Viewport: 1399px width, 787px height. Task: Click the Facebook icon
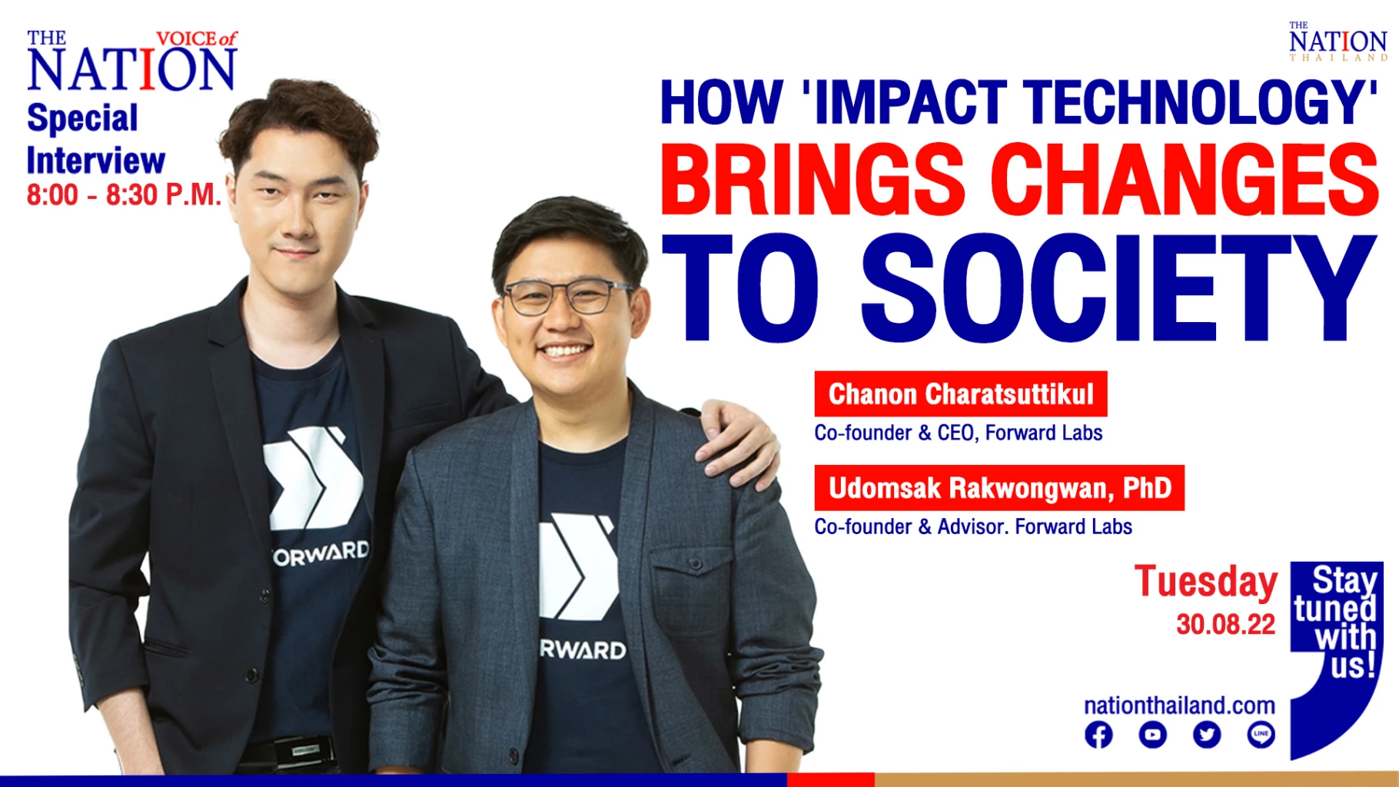tap(1098, 735)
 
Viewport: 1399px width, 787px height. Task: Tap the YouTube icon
tap(1152, 735)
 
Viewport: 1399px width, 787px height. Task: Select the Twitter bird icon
tap(1207, 735)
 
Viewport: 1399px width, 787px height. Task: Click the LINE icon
tap(1261, 735)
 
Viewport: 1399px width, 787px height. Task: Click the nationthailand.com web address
tap(1179, 705)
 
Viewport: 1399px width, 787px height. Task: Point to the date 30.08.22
tap(1225, 624)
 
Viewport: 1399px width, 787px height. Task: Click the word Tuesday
tap(1206, 582)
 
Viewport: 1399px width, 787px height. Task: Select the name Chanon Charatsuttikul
tap(961, 394)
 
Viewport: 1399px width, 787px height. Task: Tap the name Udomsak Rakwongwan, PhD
tap(1000, 488)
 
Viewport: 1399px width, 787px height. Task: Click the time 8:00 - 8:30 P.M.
tap(124, 195)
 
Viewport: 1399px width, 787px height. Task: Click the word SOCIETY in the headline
tap(1118, 287)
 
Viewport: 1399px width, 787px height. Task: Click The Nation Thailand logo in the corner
tap(1338, 42)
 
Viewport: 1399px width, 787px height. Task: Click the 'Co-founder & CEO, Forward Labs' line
tap(959, 433)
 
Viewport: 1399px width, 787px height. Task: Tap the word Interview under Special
tap(96, 161)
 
